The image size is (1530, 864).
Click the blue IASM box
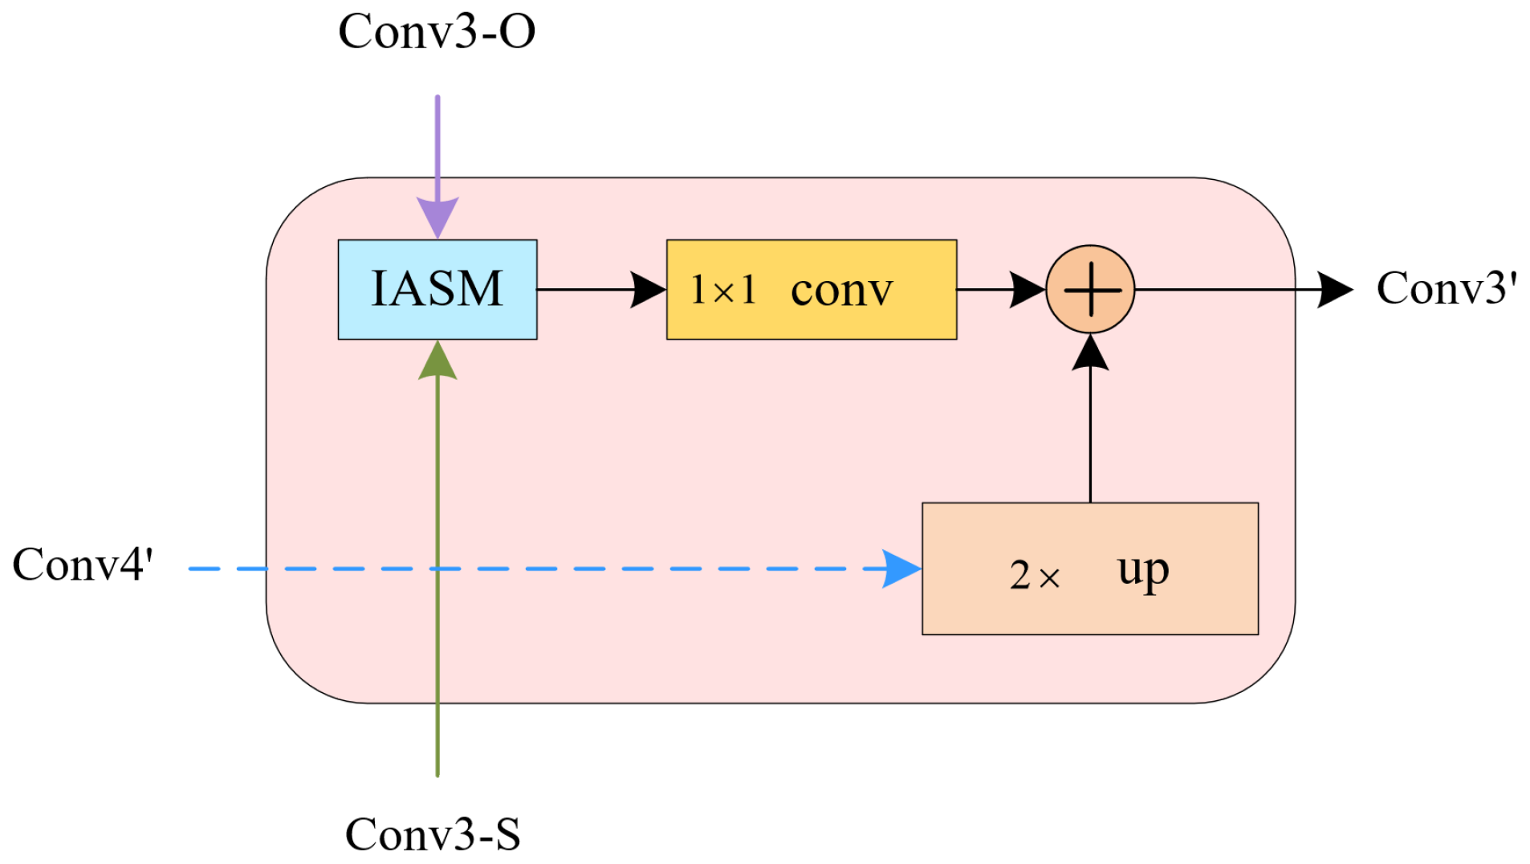(x=437, y=289)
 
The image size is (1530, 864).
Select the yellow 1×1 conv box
(x=811, y=289)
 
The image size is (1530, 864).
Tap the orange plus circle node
(x=1090, y=289)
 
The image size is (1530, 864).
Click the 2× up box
(x=1089, y=569)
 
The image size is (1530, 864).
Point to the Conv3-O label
(x=437, y=32)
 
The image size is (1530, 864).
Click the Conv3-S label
(x=433, y=833)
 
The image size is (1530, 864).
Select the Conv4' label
(x=83, y=564)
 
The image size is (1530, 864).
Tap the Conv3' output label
(x=1447, y=287)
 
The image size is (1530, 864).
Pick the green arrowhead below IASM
(x=437, y=361)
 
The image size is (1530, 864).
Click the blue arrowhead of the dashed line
(x=901, y=569)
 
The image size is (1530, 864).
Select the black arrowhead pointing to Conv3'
(x=1334, y=290)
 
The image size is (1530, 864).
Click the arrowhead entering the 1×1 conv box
(x=648, y=290)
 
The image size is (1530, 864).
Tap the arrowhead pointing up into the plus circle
(x=1090, y=353)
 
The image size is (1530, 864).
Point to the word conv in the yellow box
(x=841, y=290)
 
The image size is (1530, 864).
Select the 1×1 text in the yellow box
(x=723, y=290)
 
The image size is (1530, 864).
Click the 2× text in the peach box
(x=1034, y=575)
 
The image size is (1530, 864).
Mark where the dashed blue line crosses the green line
(x=437, y=569)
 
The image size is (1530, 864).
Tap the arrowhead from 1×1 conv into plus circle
(x=1027, y=290)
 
